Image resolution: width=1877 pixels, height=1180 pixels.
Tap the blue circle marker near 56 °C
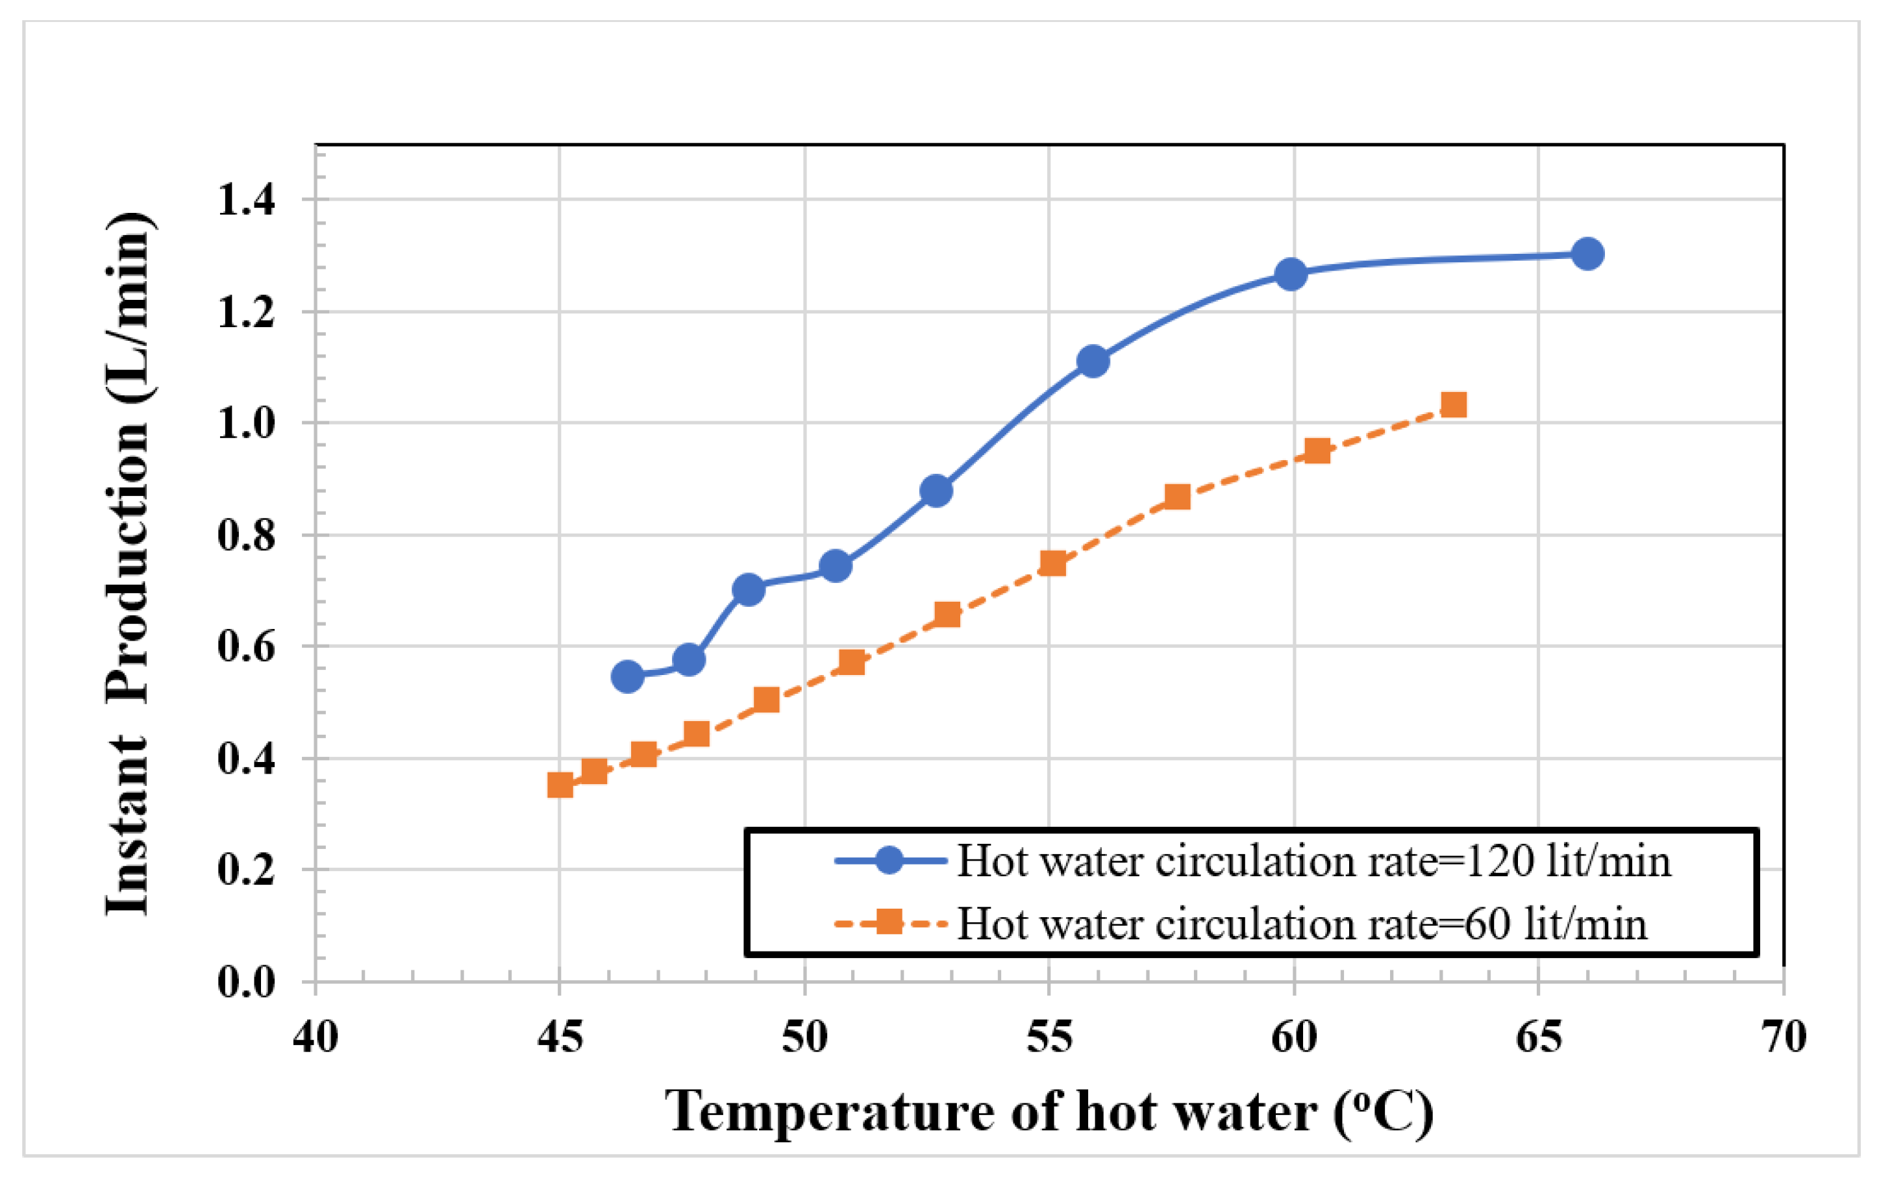[1093, 361]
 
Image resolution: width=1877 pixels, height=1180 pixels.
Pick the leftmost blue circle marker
[627, 676]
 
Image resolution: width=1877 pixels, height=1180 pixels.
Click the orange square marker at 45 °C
[560, 785]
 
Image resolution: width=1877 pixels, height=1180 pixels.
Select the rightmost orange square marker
[1454, 404]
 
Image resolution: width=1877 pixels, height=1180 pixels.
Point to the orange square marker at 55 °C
[1053, 563]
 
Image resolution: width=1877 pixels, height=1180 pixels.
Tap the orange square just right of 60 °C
[1317, 450]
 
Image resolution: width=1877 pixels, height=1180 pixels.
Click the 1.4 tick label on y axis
[246, 199]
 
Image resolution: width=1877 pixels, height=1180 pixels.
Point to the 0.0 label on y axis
[246, 981]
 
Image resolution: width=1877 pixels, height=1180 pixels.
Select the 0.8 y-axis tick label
[246, 535]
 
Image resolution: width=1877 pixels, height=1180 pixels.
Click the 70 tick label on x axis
[1784, 1037]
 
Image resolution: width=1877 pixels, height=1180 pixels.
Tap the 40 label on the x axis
[316, 1037]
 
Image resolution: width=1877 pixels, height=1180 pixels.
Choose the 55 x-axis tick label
[1049, 1037]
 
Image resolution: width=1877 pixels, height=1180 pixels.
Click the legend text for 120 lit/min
[1314, 862]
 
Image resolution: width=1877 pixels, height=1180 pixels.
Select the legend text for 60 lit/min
[1302, 924]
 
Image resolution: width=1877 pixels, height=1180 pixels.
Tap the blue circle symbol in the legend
[889, 861]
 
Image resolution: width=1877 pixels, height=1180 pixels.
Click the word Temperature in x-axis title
[829, 1111]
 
